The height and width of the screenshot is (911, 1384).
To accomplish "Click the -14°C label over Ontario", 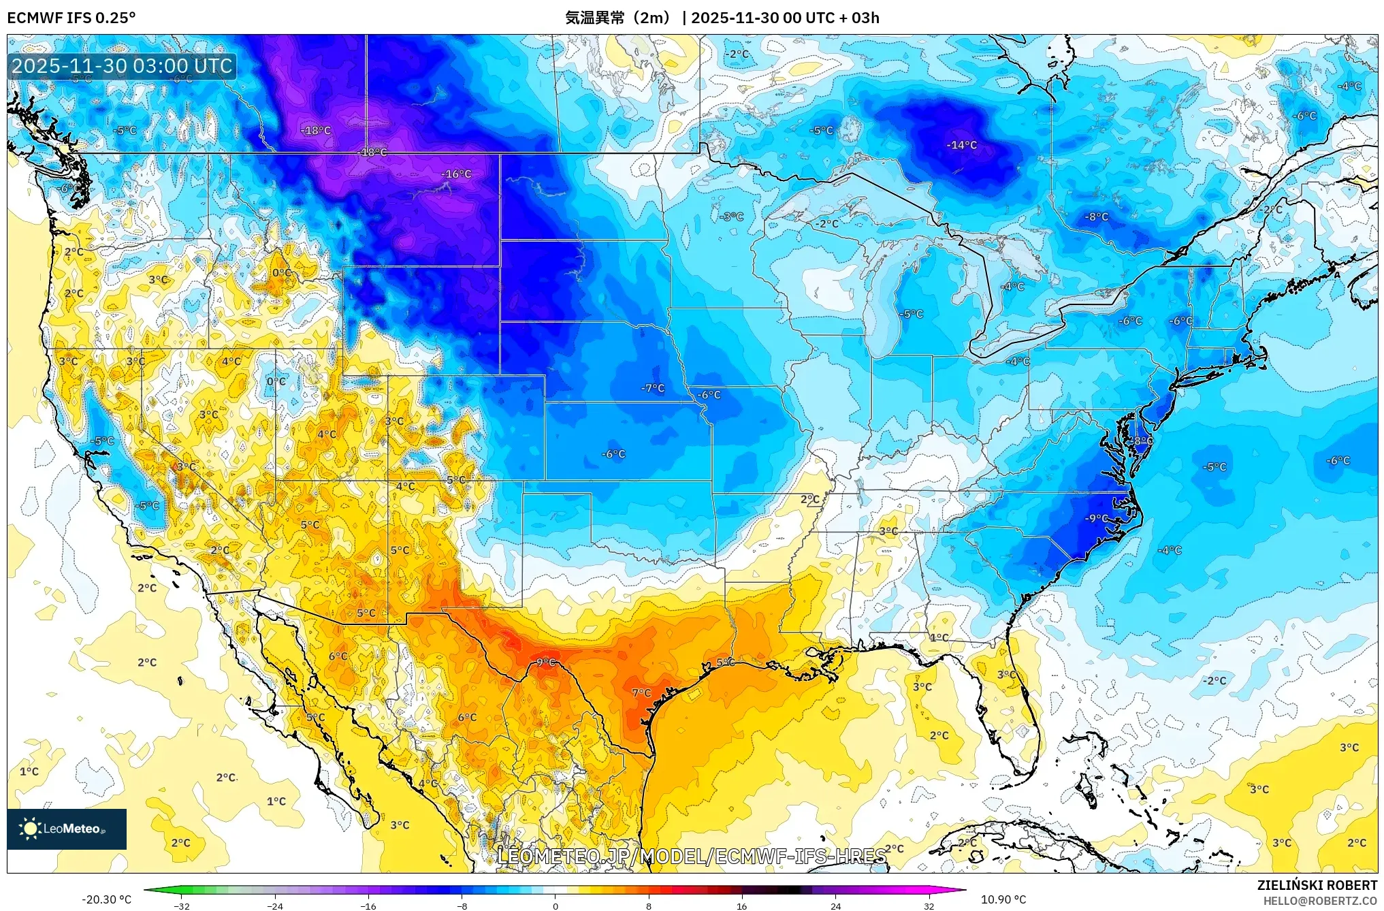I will click(961, 145).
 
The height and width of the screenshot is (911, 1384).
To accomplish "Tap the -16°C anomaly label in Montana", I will click(455, 174).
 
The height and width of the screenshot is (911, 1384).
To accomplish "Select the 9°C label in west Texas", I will click(545, 662).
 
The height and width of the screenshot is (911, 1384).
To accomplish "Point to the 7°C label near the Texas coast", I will click(641, 693).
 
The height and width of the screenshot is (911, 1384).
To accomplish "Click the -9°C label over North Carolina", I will click(1096, 518).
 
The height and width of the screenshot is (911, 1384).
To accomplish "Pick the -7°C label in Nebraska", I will click(652, 388).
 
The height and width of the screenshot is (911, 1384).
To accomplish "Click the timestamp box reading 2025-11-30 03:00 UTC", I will click(123, 66).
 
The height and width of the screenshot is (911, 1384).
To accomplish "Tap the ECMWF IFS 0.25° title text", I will click(71, 18).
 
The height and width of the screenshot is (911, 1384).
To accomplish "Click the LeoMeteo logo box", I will click(67, 829).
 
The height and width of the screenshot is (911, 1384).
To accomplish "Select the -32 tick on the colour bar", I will click(182, 906).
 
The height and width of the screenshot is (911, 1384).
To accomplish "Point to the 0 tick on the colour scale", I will click(556, 906).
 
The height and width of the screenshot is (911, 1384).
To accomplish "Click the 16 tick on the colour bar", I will click(742, 906).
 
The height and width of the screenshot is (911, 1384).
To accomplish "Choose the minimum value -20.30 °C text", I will click(106, 899).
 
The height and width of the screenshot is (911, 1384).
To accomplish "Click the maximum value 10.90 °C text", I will click(1003, 899).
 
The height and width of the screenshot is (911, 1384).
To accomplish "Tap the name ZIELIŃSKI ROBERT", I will click(1317, 885).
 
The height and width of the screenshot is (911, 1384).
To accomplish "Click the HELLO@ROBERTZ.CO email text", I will click(1320, 901).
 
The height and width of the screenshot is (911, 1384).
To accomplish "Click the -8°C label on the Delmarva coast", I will click(1142, 441).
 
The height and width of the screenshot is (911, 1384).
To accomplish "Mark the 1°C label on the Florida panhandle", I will click(939, 637).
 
